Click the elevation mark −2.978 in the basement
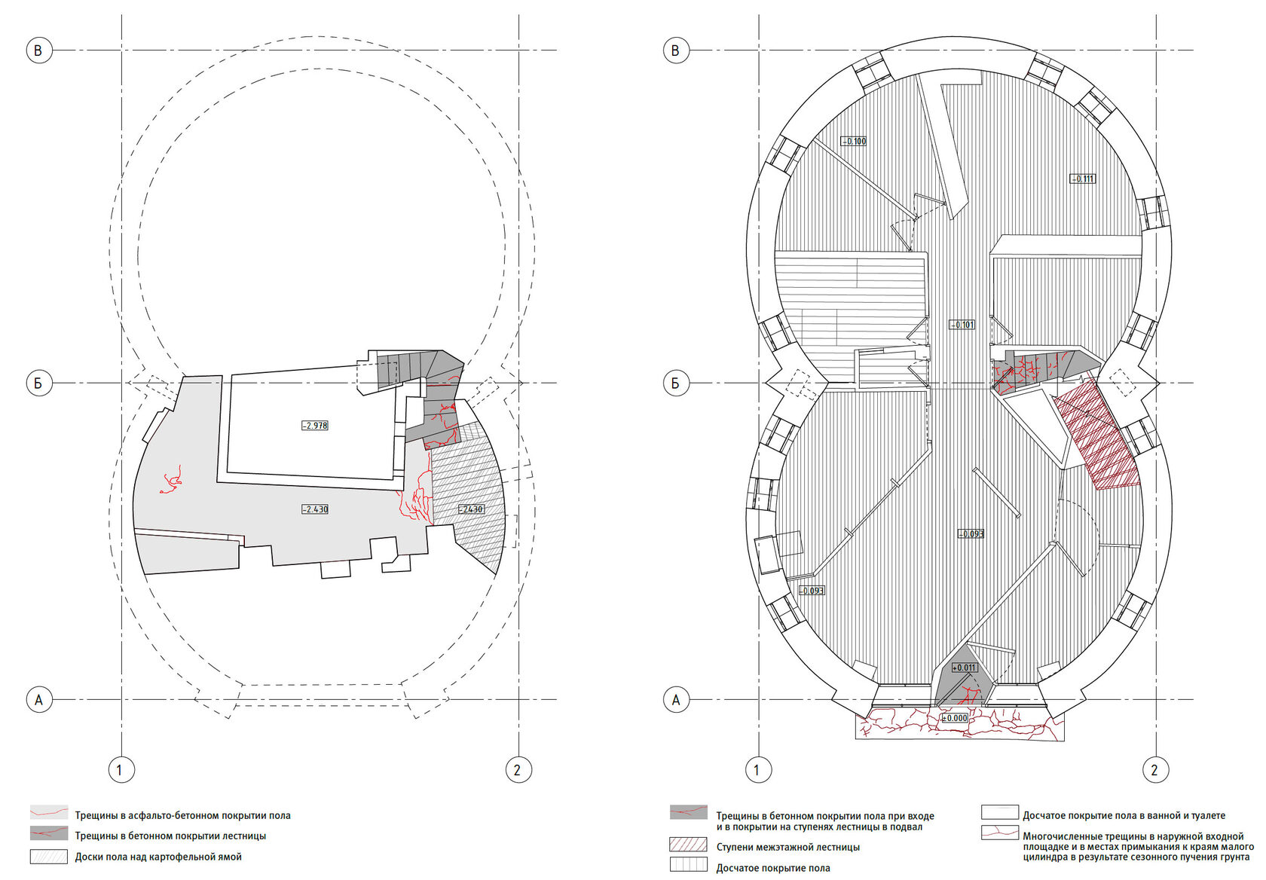[315, 426]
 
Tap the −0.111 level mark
[1082, 179]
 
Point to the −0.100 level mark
[853, 142]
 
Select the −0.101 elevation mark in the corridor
[962, 325]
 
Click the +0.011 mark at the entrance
[965, 668]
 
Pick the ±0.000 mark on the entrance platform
[955, 718]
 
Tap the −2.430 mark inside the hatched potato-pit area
[471, 509]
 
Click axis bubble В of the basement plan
[39, 50]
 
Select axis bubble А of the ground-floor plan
[676, 700]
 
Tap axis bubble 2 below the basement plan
[518, 769]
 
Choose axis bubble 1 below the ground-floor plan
[757, 769]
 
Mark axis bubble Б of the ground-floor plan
[676, 383]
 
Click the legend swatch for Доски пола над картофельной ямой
[49, 856]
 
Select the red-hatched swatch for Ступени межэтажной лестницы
[689, 845]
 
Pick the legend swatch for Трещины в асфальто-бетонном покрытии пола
[49, 813]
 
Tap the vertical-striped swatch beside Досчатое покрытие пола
[689, 865]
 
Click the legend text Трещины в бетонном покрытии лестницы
[170, 836]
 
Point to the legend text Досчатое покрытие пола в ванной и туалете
[1124, 815]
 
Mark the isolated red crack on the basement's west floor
[171, 480]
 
